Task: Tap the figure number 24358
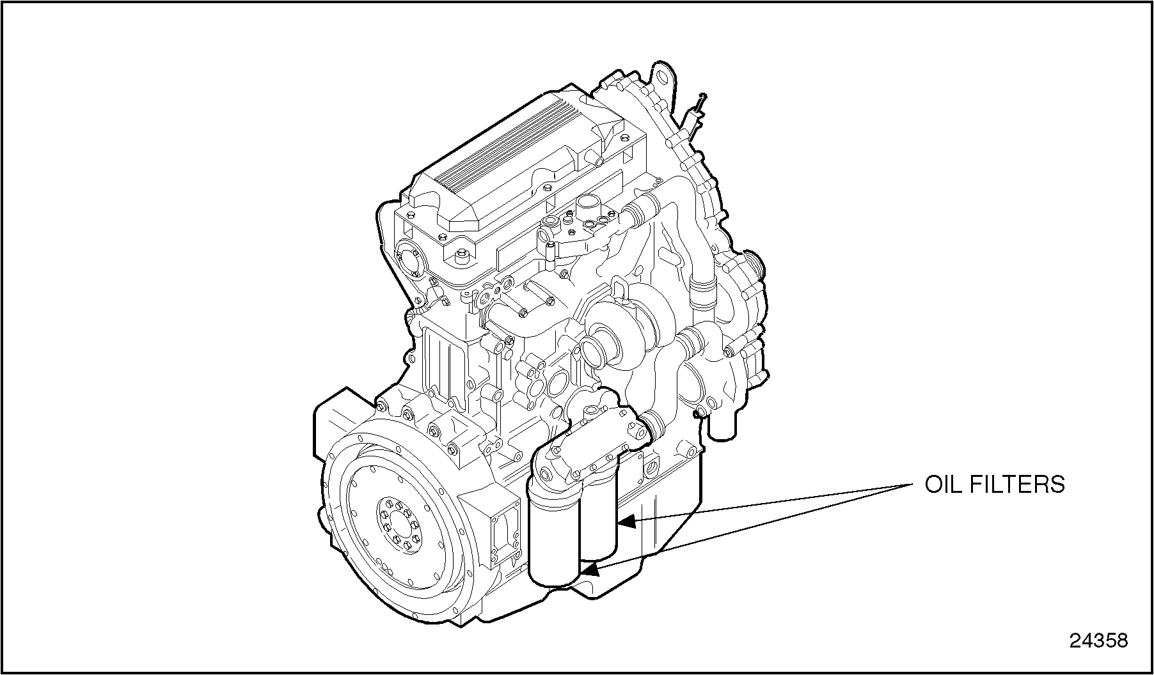(1099, 640)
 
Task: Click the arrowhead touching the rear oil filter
(626, 522)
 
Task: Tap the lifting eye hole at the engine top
(663, 78)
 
